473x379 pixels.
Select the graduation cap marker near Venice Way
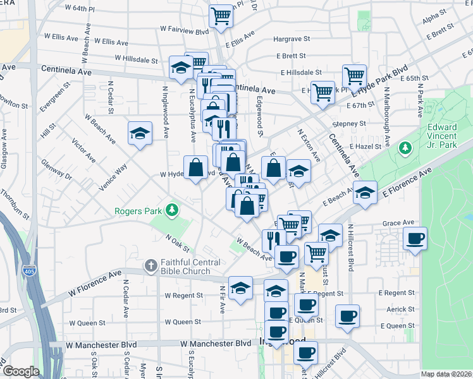[x=140, y=133]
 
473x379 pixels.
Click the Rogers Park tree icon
[x=170, y=209]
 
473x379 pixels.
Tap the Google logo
[x=21, y=371]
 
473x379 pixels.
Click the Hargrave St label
[x=292, y=39]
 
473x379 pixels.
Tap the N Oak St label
[x=178, y=240]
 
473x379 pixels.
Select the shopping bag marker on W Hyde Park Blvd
[x=195, y=169]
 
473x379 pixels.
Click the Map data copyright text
[x=446, y=374]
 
